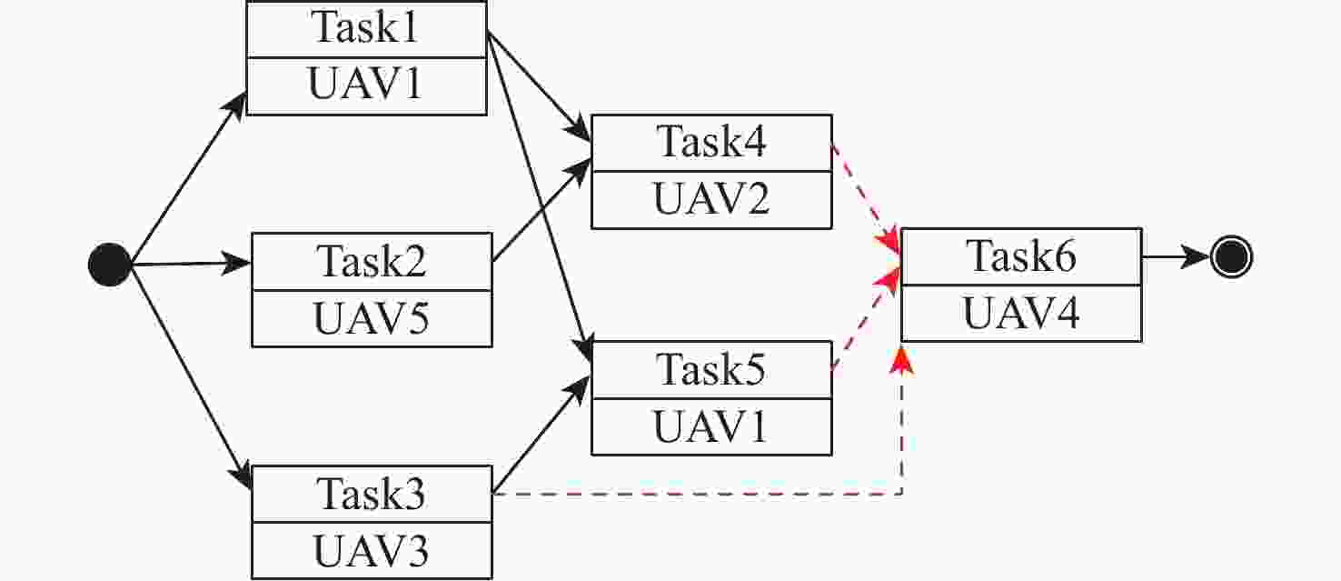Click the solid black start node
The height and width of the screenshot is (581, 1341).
110,265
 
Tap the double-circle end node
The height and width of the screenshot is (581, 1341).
1231,258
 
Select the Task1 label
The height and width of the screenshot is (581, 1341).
366,28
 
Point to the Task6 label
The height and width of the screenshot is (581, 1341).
1021,256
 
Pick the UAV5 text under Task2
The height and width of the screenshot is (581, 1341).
372,319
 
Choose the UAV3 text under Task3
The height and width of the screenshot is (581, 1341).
372,552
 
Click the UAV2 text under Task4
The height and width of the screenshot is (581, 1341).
711,200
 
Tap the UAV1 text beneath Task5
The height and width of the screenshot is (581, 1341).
711,426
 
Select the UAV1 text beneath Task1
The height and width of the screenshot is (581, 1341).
366,85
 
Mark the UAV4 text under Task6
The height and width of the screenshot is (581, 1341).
1021,314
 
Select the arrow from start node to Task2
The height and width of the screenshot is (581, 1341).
191,264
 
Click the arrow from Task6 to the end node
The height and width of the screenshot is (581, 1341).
1176,258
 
